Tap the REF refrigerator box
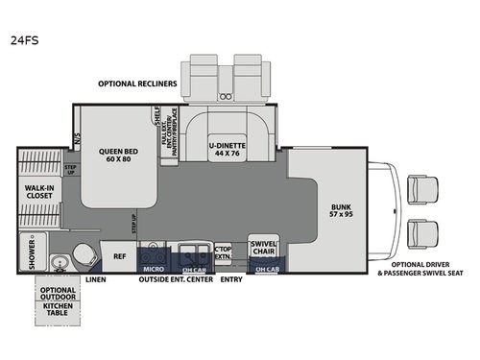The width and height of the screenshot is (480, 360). [120, 256]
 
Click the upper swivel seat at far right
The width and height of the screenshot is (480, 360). [420, 189]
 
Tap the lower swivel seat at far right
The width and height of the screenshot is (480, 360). [420, 231]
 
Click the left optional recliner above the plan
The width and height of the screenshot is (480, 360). [205, 76]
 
